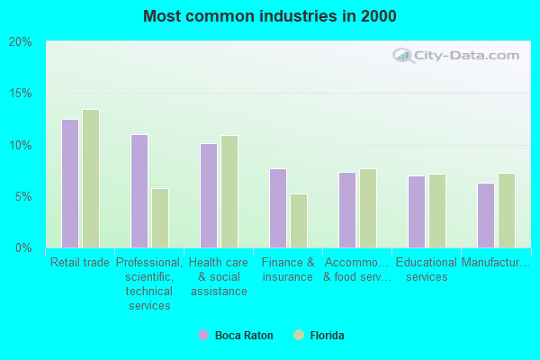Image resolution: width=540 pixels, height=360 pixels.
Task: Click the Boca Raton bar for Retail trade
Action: (70, 184)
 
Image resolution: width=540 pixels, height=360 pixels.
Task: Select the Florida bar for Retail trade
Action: (91, 179)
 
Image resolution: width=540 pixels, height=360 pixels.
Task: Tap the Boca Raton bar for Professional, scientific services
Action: (139, 191)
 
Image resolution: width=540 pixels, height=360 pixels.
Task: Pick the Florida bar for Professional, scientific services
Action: (160, 218)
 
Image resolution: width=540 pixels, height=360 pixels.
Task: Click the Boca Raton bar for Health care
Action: (209, 195)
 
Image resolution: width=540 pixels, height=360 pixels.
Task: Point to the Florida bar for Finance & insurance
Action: (299, 220)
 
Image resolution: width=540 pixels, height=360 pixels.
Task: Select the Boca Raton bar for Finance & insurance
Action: (278, 208)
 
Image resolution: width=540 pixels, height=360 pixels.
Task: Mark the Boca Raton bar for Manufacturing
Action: (486, 215)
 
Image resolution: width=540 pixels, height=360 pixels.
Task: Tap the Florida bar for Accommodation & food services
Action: (368, 208)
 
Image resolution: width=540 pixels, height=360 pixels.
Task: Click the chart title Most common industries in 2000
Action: (270, 16)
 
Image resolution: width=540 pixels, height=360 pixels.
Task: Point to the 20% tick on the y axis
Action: (21, 42)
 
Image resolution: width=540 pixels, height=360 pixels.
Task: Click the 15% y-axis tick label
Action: (21, 94)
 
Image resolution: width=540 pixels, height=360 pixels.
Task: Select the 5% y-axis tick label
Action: (23, 196)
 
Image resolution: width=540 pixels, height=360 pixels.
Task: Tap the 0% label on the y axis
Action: (23, 247)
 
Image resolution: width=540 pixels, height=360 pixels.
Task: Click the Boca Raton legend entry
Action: (236, 336)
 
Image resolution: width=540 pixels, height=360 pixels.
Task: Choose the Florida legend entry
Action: (319, 336)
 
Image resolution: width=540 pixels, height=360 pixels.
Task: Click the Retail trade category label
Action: (80, 263)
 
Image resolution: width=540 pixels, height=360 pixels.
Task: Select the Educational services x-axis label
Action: (427, 270)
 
